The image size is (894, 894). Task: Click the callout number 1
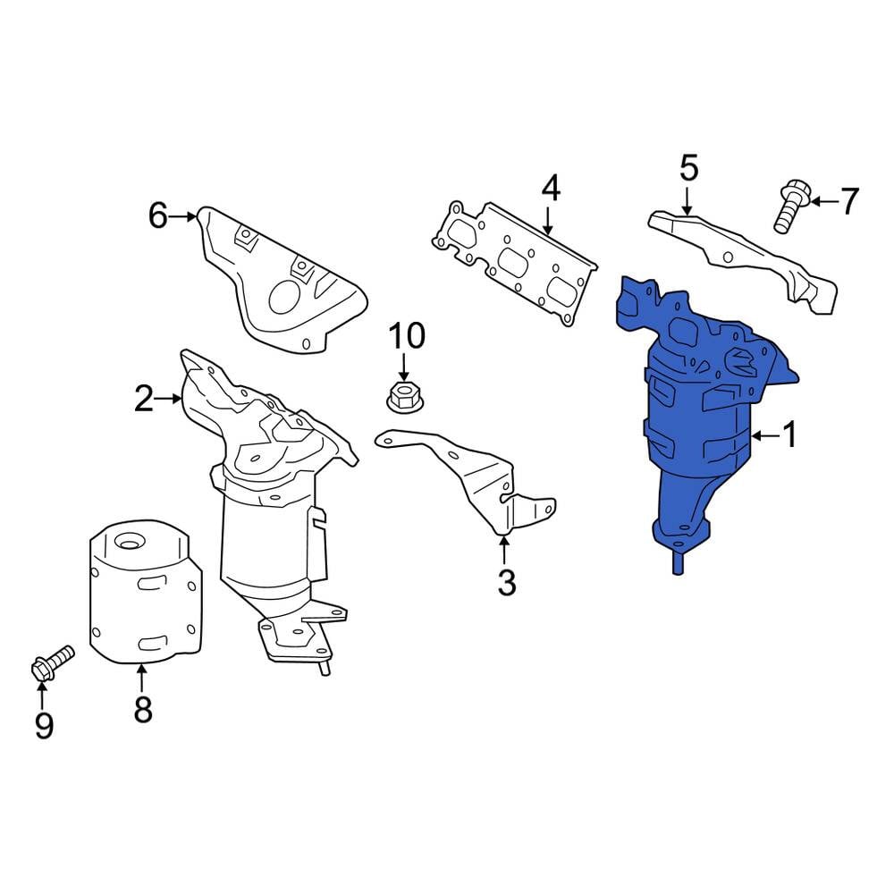(789, 435)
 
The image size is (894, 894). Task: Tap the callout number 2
(144, 398)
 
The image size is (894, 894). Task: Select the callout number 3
(506, 582)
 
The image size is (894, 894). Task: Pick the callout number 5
(688, 168)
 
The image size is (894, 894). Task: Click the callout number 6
(158, 216)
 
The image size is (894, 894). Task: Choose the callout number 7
(849, 201)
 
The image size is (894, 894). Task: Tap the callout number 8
(142, 709)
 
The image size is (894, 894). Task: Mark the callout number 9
(44, 725)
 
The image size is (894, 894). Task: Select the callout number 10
(407, 336)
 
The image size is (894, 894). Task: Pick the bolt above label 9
(51, 662)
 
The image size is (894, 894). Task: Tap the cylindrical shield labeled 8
(146, 591)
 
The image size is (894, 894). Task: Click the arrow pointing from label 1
(765, 436)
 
